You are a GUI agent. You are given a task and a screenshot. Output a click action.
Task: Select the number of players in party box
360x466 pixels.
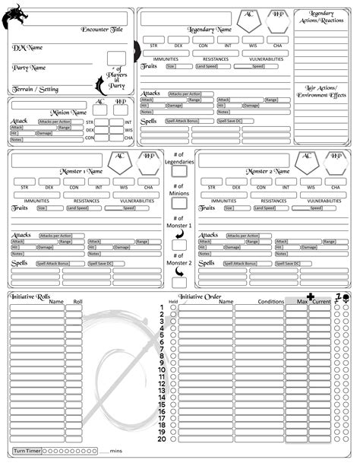pos(115,59)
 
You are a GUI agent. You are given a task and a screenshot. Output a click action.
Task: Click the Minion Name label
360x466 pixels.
pos(68,113)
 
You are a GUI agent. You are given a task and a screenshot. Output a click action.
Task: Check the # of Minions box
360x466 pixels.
pos(179,202)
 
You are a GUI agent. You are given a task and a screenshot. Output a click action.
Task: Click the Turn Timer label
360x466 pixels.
pos(26,451)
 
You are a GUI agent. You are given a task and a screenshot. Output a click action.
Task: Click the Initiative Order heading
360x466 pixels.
pos(201,296)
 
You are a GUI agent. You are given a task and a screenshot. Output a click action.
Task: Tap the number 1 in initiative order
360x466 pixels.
pos(162,308)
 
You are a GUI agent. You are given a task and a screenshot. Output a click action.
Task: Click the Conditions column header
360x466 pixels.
pos(270,302)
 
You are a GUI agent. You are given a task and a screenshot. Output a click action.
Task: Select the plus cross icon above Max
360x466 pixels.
pos(309,296)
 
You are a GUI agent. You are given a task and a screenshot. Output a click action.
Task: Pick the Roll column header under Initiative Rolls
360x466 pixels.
pos(77,302)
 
